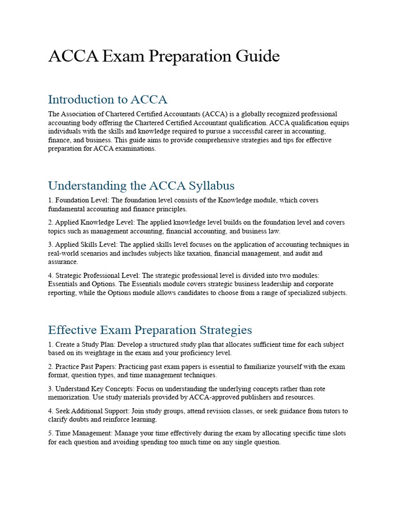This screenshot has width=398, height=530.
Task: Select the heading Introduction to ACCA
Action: [x=107, y=99]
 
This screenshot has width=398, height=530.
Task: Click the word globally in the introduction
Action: [x=251, y=114]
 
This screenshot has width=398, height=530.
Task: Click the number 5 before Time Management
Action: [x=50, y=433]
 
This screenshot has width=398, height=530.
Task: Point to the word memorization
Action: [x=69, y=397]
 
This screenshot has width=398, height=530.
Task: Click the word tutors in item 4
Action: [x=324, y=411]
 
